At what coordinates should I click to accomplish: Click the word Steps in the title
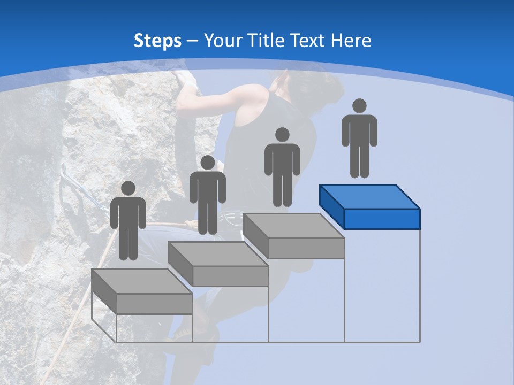(157, 41)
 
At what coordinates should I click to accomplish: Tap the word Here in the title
(351, 41)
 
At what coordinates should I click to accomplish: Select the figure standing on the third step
(282, 168)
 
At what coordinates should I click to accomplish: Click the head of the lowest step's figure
(128, 188)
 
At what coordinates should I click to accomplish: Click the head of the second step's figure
(207, 163)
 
